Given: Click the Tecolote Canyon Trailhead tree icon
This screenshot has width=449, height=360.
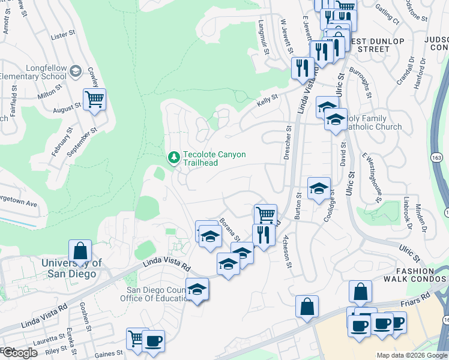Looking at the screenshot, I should point(173,157).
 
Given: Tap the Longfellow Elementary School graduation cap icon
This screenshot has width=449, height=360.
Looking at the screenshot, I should point(75,72).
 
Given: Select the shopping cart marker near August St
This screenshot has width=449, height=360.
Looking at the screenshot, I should point(94,100).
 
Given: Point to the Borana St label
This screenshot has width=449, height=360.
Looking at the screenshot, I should point(230,230).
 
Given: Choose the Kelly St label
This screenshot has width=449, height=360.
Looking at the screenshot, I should point(268,98).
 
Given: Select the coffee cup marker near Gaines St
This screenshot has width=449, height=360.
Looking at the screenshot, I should point(153,340).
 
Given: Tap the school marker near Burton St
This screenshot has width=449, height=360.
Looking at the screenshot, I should point(319,189).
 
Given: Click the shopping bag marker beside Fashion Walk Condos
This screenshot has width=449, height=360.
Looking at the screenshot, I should point(360,292).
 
